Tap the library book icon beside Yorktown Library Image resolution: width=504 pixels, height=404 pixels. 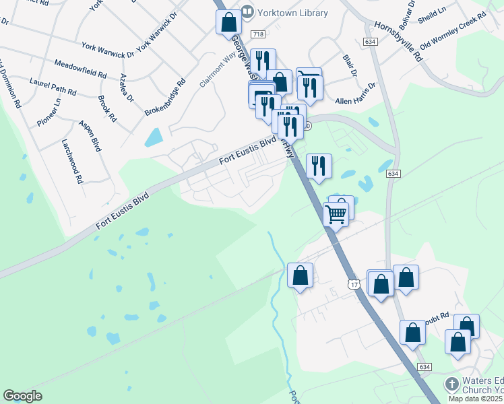pyautogui.click(x=248, y=12)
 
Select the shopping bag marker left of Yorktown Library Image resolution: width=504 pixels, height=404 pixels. pyautogui.click(x=228, y=22)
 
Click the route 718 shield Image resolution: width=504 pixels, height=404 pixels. pyautogui.click(x=257, y=34)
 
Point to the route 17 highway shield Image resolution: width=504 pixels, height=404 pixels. pyautogui.click(x=354, y=285)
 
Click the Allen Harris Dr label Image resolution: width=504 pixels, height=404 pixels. pyautogui.click(x=356, y=94)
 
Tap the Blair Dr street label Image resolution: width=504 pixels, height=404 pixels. pyautogui.click(x=349, y=66)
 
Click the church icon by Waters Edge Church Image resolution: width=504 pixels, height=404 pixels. pyautogui.click(x=451, y=384)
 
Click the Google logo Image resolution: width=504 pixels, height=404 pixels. pyautogui.click(x=22, y=396)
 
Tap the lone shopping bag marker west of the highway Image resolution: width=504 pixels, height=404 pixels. pyautogui.click(x=300, y=275)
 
